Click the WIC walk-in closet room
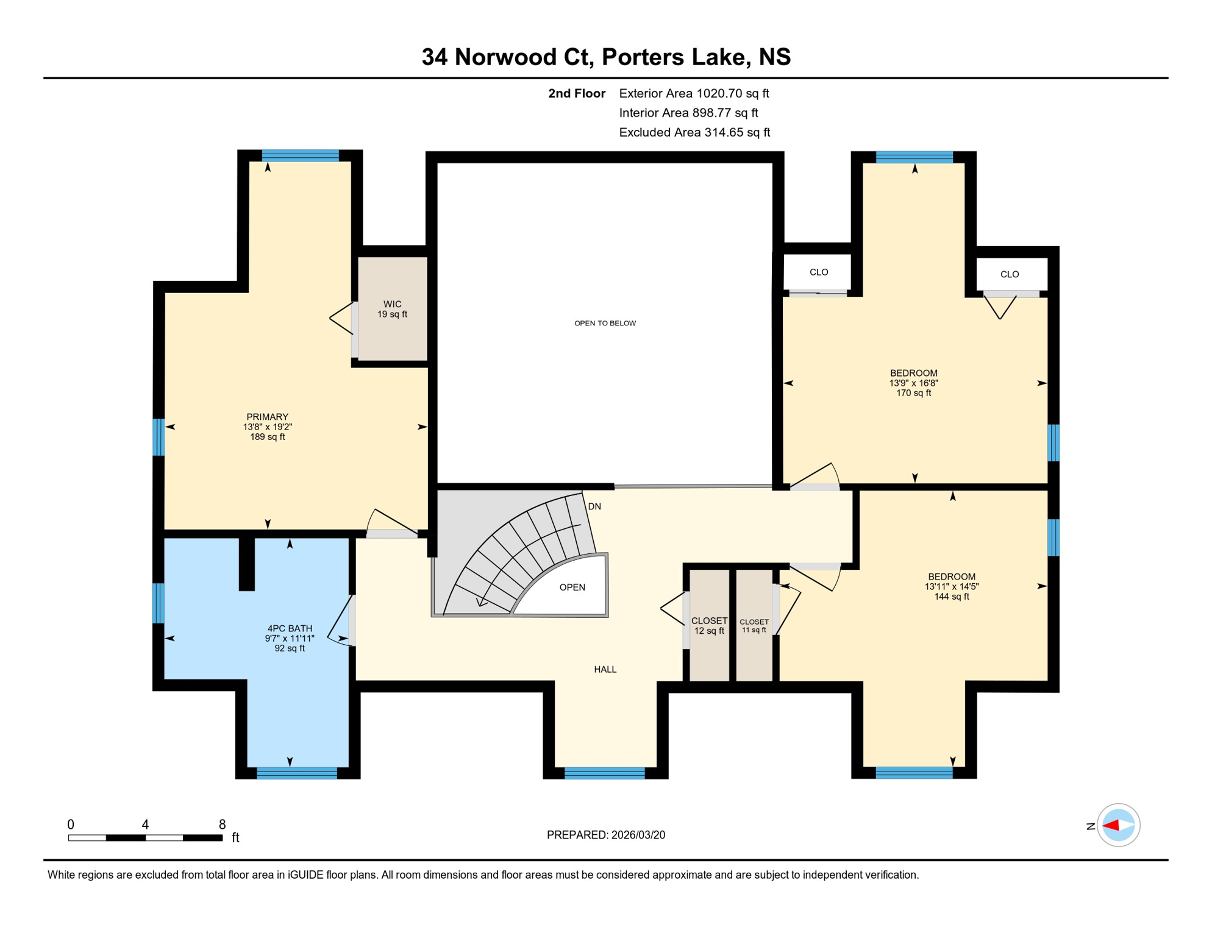pos(392,308)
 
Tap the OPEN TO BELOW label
pos(605,323)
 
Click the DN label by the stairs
pos(594,506)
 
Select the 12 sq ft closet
pos(708,625)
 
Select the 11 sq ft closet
pos(754,625)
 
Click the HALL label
pos(605,669)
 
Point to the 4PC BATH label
pos(290,628)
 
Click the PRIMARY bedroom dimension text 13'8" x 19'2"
pos(268,427)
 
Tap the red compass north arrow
pos(1111,826)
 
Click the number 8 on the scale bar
pos(223,824)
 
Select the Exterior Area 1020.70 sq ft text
pos(694,93)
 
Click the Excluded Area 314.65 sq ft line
pos(694,132)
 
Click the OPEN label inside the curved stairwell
pos(572,587)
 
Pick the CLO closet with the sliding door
pos(818,272)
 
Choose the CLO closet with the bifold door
pos(1010,274)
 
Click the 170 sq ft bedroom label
pos(913,393)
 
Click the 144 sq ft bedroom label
pos(952,597)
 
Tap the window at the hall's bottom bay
pos(605,773)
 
